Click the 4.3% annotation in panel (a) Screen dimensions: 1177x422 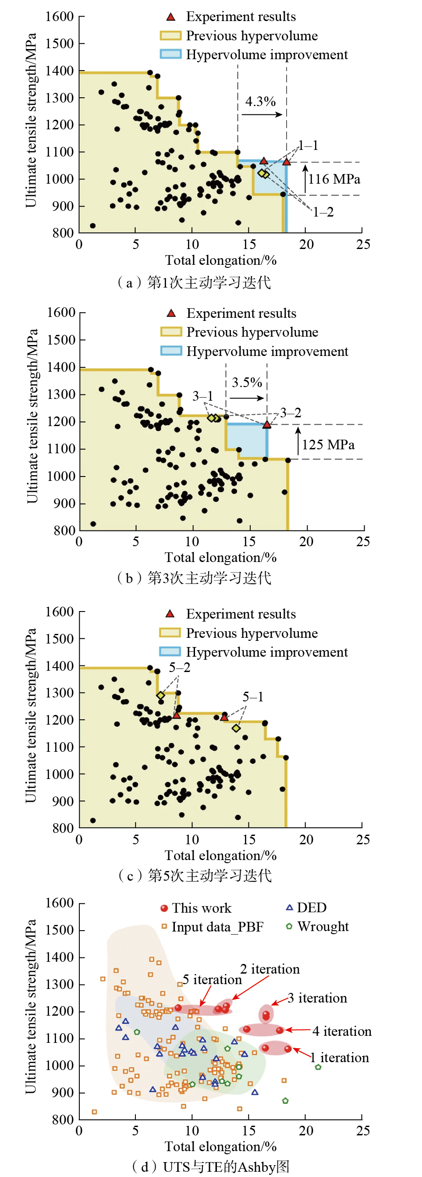[x=260, y=101]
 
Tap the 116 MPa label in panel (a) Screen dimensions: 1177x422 [x=334, y=179]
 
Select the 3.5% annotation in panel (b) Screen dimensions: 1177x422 [x=247, y=382]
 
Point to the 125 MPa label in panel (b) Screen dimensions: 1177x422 [x=328, y=444]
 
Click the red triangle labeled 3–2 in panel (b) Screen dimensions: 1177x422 [x=267, y=425]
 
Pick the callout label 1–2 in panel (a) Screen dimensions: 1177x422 [x=323, y=213]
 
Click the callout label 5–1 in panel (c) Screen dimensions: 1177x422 [x=252, y=697]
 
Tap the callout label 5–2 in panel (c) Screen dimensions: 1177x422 [x=180, y=668]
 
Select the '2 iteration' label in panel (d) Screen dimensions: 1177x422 [x=270, y=969]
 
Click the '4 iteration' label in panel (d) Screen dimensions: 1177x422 [x=342, y=1031]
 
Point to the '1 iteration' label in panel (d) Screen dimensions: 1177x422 [x=339, y=1058]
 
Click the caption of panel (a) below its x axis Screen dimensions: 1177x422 [x=194, y=282]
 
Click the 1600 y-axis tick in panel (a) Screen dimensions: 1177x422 [x=59, y=17]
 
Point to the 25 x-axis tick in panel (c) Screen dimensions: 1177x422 [x=363, y=839]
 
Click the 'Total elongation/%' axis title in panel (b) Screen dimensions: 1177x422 [x=220, y=558]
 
